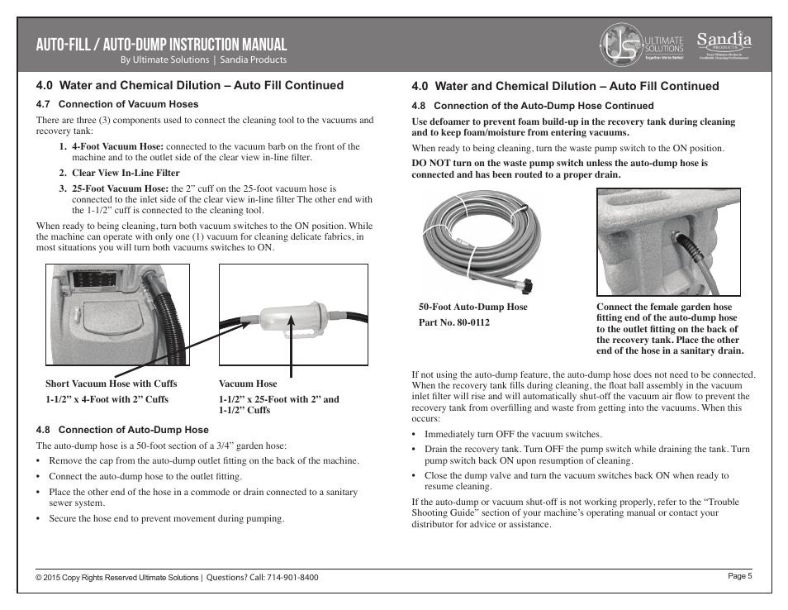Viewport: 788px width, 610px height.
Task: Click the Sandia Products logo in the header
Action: click(x=724, y=45)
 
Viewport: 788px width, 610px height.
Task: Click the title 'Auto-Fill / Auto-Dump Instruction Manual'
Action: click(x=162, y=45)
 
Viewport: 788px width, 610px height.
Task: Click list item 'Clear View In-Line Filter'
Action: click(x=126, y=173)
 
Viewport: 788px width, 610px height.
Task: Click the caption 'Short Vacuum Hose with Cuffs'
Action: click(x=111, y=384)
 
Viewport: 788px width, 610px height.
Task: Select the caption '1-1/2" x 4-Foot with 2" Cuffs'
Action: click(x=107, y=399)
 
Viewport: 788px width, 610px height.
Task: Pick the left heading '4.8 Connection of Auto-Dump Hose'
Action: click(x=122, y=430)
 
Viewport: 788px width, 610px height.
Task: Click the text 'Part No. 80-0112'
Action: click(x=453, y=322)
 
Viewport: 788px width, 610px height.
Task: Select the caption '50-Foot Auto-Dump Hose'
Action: click(x=472, y=307)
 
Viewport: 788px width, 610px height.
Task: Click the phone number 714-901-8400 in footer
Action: click(x=292, y=578)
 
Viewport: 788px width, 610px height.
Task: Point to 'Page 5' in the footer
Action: click(x=739, y=576)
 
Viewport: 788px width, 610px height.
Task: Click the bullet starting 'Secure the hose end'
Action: click(x=166, y=519)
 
